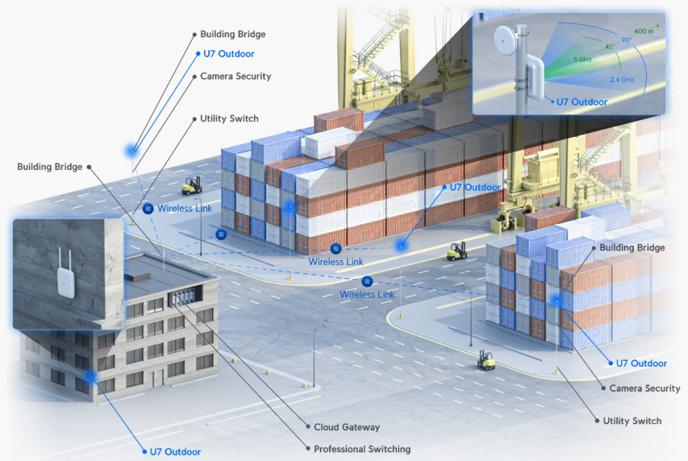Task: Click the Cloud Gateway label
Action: [347, 427]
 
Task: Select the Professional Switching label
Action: [362, 449]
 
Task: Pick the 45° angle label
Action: [609, 47]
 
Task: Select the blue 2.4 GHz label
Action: [621, 80]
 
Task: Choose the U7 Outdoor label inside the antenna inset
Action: [581, 102]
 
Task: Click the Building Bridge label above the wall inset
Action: [50, 167]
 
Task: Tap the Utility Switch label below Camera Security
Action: [632, 421]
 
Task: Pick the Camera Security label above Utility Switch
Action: [644, 388]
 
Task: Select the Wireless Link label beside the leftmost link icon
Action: [185, 208]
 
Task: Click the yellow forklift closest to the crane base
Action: [457, 251]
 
